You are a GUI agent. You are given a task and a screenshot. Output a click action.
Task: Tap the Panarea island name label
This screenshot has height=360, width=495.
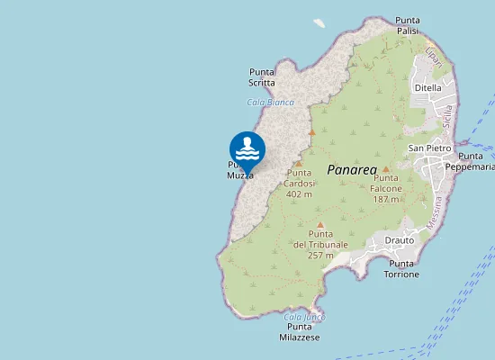click(350, 168)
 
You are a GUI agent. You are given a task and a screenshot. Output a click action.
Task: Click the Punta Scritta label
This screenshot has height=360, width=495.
click(262, 77)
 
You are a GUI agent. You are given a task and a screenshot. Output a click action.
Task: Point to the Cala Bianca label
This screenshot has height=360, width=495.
click(270, 103)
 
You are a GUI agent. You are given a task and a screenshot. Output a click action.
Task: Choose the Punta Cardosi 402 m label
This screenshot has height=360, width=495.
click(299, 183)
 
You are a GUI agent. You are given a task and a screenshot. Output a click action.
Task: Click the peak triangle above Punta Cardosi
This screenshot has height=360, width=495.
click(298, 164)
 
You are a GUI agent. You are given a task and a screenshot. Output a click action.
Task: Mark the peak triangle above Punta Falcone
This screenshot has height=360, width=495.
click(385, 169)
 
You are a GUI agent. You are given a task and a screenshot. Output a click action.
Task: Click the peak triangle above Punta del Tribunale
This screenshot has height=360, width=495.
click(319, 225)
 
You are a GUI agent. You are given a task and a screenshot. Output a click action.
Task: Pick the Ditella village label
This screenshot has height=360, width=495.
click(427, 88)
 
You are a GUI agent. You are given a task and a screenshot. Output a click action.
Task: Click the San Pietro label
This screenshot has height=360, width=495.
click(429, 148)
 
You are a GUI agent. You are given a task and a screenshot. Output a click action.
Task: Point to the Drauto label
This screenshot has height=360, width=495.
click(399, 240)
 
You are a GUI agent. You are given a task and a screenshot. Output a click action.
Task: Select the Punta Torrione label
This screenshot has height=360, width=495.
click(402, 268)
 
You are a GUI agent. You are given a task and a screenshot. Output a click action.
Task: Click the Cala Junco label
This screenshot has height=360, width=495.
click(303, 316)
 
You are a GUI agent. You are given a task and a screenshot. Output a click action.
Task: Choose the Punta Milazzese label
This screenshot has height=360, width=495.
click(300, 332)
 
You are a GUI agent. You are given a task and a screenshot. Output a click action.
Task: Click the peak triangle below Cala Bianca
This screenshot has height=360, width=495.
click(312, 132)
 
